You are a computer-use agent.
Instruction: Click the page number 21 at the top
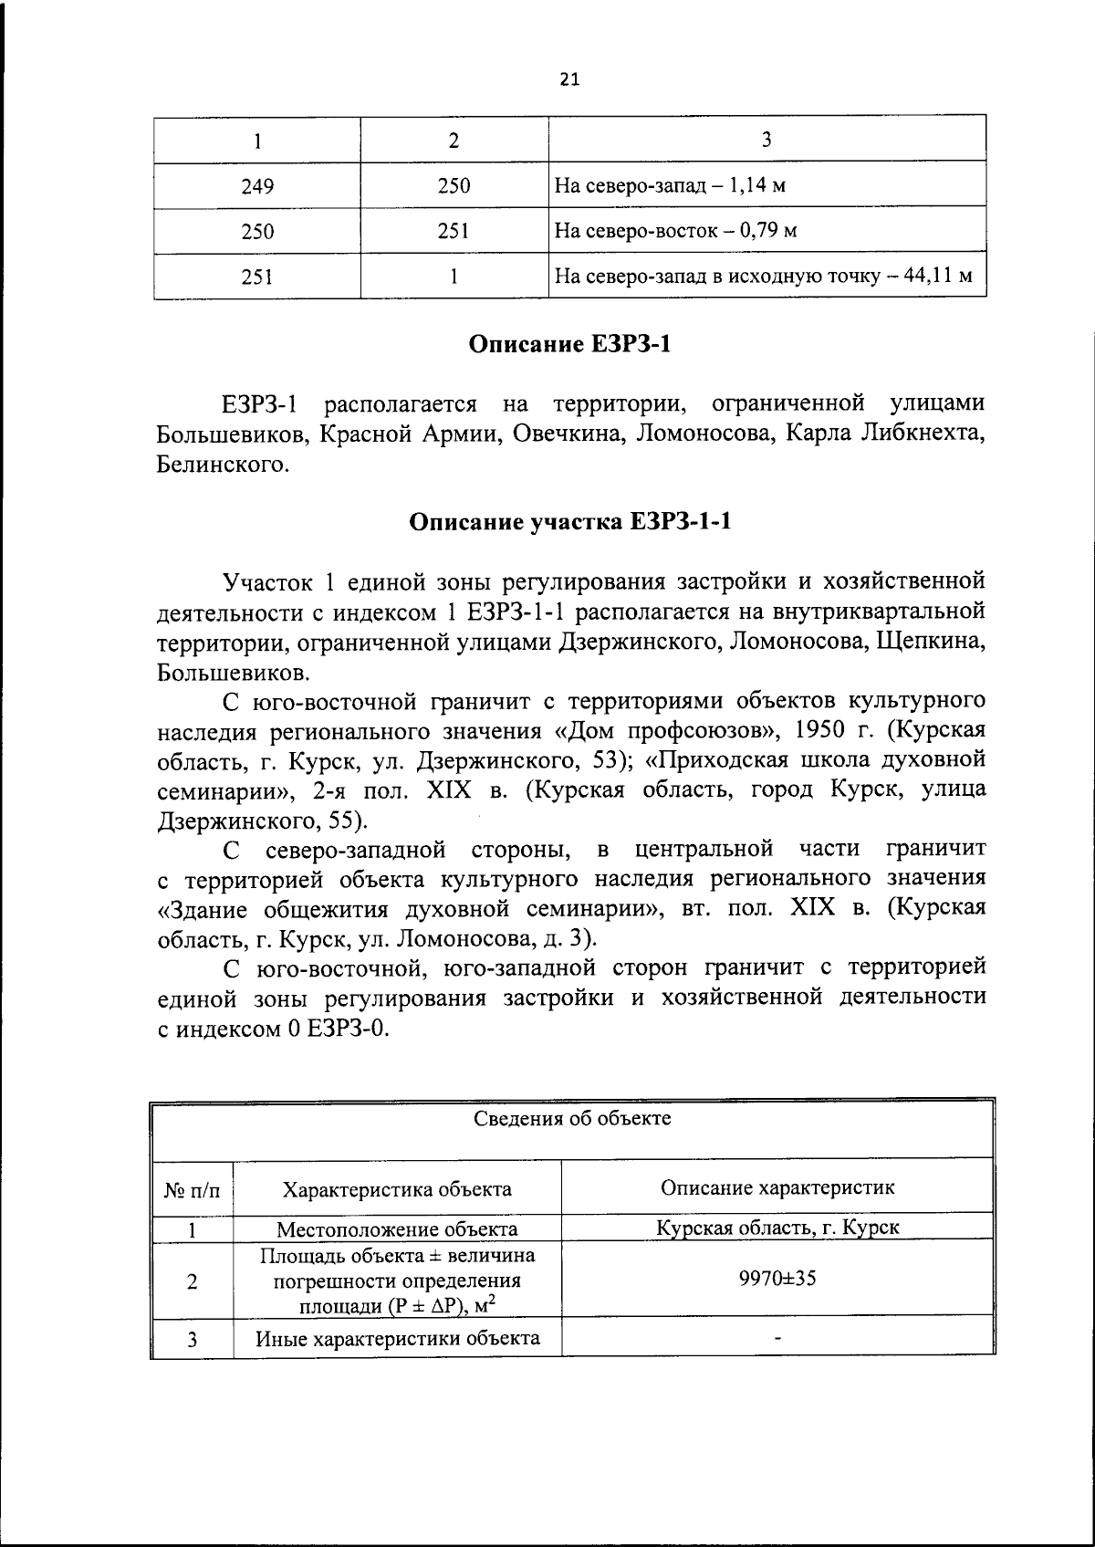(568, 79)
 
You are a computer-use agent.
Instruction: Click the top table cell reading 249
(257, 186)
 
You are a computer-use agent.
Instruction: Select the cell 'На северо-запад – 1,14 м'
(671, 186)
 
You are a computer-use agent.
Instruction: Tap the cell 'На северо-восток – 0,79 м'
(676, 231)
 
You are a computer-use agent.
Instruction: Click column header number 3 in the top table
(766, 140)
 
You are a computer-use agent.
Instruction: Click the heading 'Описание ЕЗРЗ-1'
(570, 345)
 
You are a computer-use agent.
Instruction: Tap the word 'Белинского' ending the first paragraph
(223, 465)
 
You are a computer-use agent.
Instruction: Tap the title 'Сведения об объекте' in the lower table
(572, 1118)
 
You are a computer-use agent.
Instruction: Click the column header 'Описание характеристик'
(777, 1187)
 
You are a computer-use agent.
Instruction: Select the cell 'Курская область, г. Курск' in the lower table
(777, 1227)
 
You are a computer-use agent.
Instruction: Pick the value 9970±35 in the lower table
(777, 1279)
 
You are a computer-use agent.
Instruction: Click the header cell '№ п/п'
(193, 1189)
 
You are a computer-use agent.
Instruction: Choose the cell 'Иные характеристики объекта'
(397, 1339)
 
